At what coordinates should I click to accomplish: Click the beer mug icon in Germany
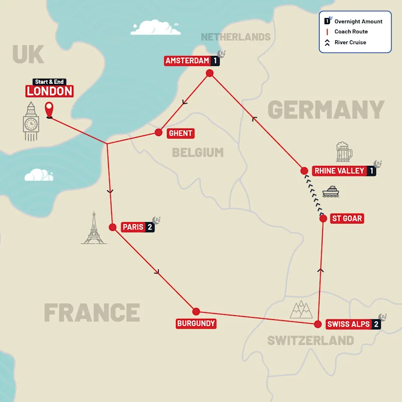point(344,152)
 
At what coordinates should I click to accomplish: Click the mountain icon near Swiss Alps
point(301,310)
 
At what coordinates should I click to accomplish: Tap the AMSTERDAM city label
point(187,61)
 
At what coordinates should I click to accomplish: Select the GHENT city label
point(180,133)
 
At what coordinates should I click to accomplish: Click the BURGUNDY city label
point(196,324)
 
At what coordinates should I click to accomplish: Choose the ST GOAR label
point(347,219)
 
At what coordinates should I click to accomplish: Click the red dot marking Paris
point(113,227)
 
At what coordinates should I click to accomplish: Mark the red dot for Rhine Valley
point(304,170)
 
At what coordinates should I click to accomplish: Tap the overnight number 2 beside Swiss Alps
point(375,324)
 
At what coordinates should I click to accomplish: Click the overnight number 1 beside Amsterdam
point(215,61)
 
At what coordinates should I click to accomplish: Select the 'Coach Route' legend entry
point(351,32)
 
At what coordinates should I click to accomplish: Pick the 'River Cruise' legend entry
point(350,42)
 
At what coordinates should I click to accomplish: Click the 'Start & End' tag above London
point(50,82)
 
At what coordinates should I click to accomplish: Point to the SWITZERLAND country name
point(310,340)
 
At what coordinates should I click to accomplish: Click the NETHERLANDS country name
point(236,37)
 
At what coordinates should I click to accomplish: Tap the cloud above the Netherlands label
point(155,28)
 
